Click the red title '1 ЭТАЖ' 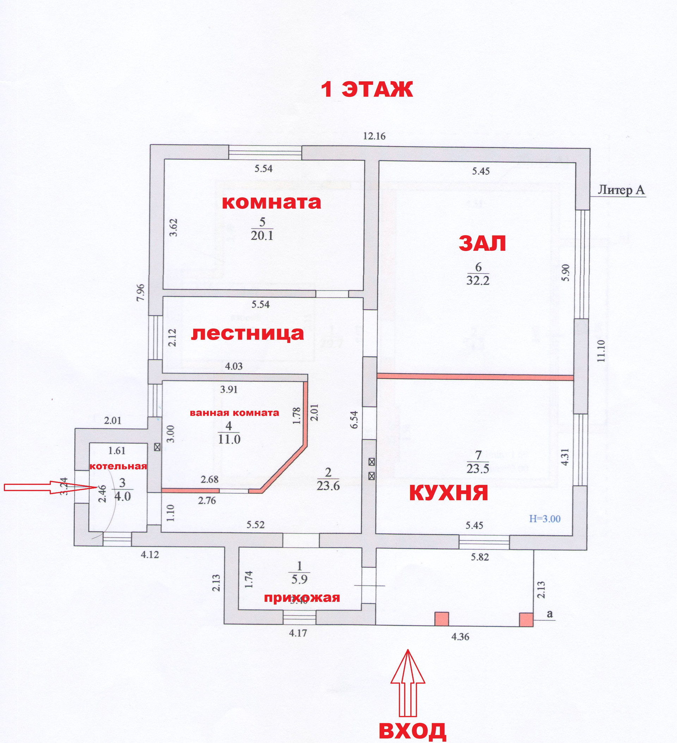367,90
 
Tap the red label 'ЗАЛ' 482,243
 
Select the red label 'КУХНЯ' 449,493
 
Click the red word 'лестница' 247,334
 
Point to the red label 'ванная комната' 234,413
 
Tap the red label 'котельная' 118,466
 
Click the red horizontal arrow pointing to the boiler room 50,487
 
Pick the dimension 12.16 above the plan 374,136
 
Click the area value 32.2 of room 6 478,281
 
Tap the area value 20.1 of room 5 262,236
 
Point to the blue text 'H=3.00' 545,519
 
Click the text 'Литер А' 621,190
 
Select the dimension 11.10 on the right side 601,351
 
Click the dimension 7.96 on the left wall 140,293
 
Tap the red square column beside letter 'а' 526,620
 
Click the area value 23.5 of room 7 478,469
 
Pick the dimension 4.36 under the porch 460,637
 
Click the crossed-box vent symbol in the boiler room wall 157,447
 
